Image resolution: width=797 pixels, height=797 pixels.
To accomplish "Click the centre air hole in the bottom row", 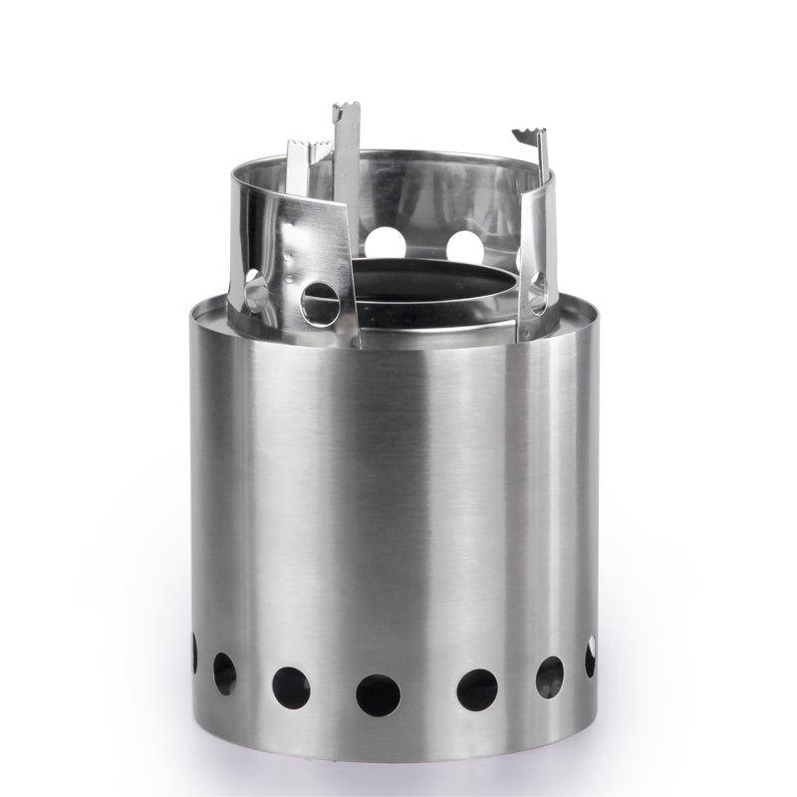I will pos(378,694).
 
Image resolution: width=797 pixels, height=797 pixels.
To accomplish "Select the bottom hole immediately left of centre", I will pos(291,687).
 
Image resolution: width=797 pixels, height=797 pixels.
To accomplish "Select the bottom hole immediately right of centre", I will pos(477,689).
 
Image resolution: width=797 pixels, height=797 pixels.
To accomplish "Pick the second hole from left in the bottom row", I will pos(225,672).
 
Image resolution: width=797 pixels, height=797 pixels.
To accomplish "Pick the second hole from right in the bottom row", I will pos(549,676).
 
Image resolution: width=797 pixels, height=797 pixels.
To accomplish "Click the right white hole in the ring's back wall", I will pos(464,244).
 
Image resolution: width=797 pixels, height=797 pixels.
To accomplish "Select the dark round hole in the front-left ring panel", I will pos(319,300).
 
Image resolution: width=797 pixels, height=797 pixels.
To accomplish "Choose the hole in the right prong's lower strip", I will pos(537,291).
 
